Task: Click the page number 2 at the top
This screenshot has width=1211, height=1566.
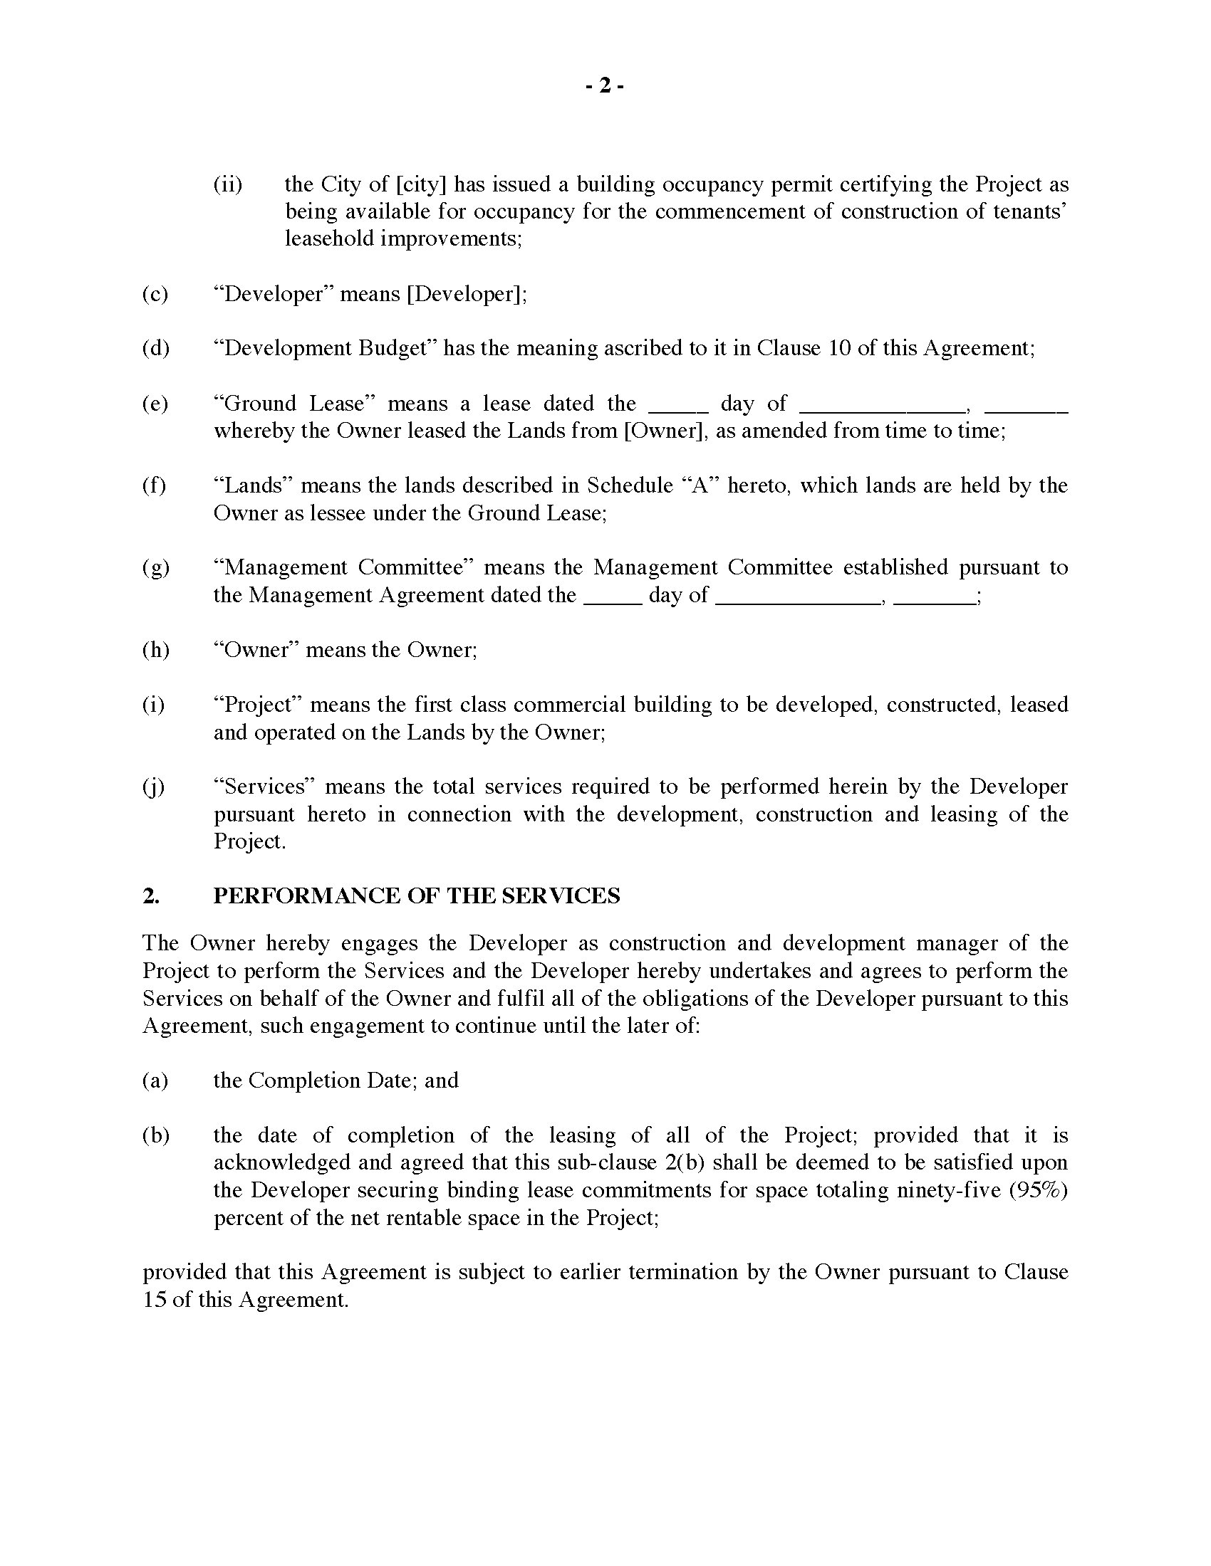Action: [x=605, y=87]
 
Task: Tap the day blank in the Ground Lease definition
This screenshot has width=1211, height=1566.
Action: [x=678, y=404]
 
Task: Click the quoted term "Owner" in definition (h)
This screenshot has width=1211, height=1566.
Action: [x=256, y=651]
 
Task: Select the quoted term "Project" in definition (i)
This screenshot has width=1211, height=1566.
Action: [x=256, y=705]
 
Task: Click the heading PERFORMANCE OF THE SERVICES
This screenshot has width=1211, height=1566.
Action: [x=416, y=896]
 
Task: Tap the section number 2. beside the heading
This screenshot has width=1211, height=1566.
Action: [x=150, y=896]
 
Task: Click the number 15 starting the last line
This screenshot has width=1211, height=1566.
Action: [x=155, y=1300]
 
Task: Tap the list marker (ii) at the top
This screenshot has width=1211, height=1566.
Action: [x=227, y=185]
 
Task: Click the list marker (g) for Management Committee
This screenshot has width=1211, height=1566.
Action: [x=155, y=568]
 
